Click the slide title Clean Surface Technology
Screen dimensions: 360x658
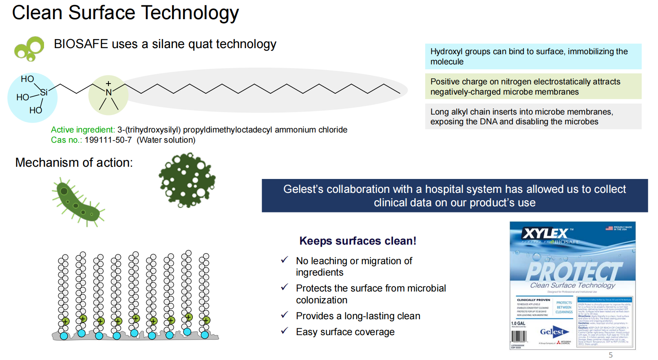[x=125, y=13]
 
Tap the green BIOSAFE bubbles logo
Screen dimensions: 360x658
[x=29, y=49]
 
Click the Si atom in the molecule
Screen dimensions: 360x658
[x=44, y=92]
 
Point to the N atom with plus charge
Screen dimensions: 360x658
[x=108, y=92]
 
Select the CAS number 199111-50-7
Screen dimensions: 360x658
[x=108, y=140]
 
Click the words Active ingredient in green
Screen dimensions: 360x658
[x=83, y=130]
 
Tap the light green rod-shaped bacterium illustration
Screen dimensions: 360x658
[x=78, y=202]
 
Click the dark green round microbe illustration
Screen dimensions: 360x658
[x=187, y=180]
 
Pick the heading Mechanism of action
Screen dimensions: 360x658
[x=74, y=163]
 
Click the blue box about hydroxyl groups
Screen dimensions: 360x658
[x=533, y=56]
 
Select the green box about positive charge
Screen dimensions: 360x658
[x=533, y=86]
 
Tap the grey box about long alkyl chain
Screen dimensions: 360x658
[x=533, y=117]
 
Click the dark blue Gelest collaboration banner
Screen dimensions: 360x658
[x=455, y=196]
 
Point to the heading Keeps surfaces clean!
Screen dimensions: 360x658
[x=358, y=241]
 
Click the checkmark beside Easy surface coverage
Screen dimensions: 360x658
[x=285, y=331]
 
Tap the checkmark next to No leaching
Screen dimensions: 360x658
[x=285, y=260]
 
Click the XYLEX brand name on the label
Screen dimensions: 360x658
[x=545, y=234]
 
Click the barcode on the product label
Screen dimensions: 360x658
[x=519, y=336]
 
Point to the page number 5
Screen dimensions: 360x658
[x=610, y=355]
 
